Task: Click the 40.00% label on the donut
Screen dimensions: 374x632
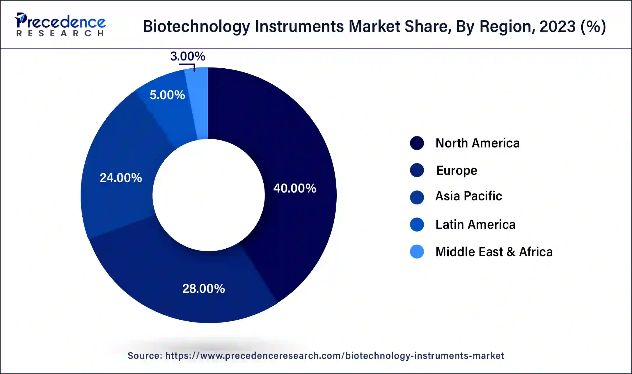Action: pos(294,188)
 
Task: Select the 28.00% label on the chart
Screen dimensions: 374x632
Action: pos(203,288)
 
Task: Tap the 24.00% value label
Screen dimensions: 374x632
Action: pos(121,178)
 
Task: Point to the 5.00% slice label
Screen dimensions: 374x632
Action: pos(167,95)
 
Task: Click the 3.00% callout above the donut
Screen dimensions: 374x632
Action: pos(188,56)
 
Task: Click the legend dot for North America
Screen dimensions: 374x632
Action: pos(417,143)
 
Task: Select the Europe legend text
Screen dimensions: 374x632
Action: pos(457,170)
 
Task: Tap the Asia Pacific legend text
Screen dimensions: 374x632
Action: pos(468,196)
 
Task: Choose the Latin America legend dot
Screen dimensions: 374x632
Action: pos(417,225)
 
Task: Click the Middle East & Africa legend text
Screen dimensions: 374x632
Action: pos(494,252)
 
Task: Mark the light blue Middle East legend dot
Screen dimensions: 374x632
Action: pos(417,252)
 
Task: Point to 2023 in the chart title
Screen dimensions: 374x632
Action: pos(557,26)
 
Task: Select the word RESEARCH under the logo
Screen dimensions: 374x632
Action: pos(60,34)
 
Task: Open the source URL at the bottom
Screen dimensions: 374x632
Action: pos(335,356)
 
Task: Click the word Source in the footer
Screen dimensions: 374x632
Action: pos(145,356)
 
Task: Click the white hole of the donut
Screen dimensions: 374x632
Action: pos(209,195)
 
